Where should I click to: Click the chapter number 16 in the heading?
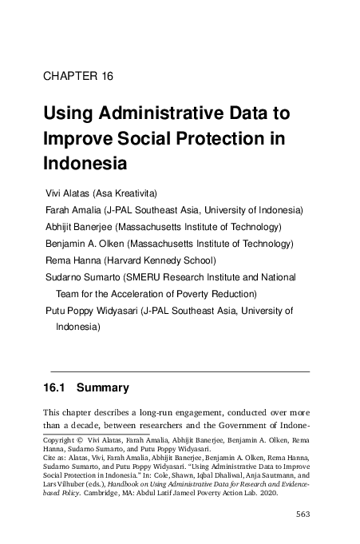point(105,77)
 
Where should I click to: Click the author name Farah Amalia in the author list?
point(75,210)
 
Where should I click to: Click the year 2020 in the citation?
point(286,494)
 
